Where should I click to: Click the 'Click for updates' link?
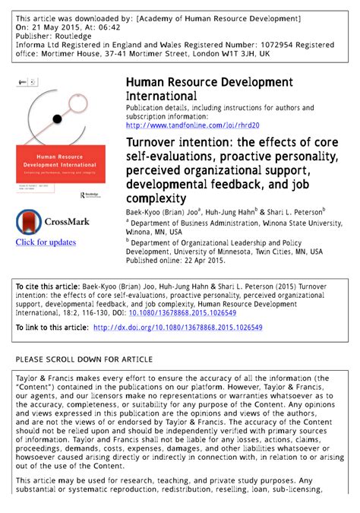(x=46, y=242)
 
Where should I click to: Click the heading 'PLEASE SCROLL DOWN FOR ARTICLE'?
(x=84, y=359)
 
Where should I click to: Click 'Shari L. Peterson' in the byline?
(x=294, y=211)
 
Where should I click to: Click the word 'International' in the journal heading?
(x=161, y=96)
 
